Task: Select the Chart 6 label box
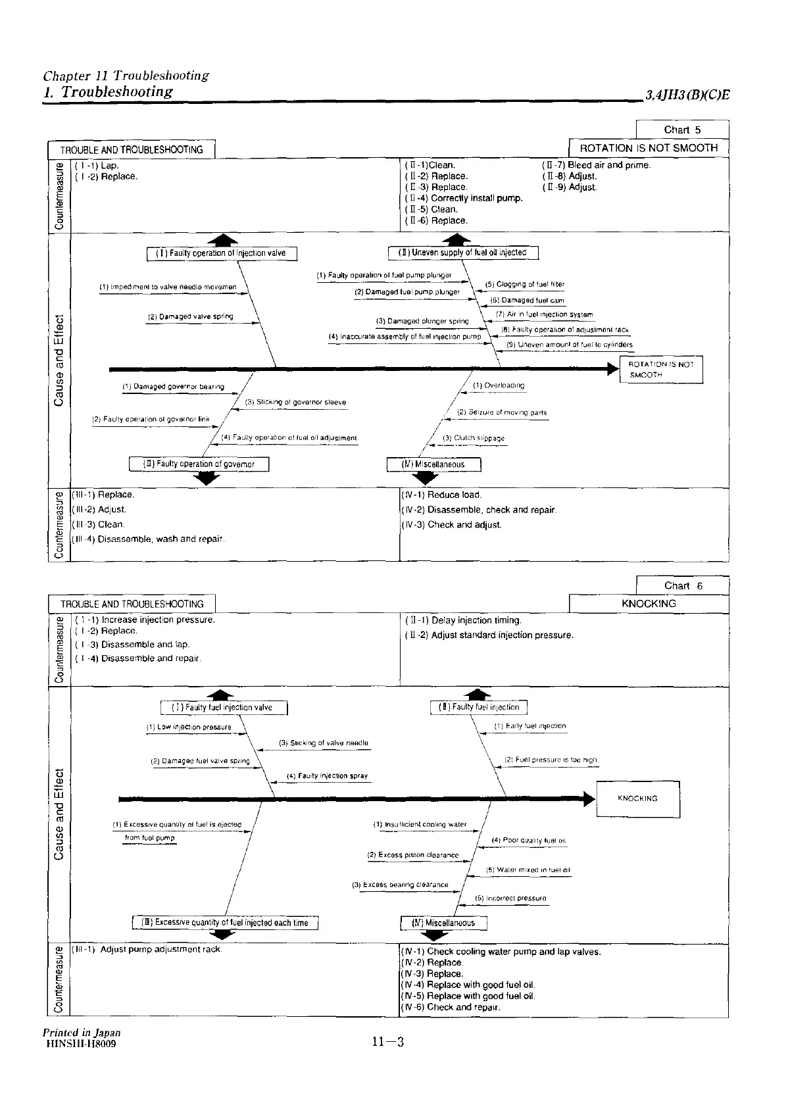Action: (683, 585)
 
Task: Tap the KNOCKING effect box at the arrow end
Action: (637, 799)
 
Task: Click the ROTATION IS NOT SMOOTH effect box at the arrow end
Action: (661, 370)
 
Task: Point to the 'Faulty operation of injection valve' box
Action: (222, 253)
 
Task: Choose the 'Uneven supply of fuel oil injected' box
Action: (464, 253)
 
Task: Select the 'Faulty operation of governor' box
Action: (199, 464)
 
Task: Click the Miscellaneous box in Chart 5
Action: (433, 464)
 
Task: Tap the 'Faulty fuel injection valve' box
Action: (224, 708)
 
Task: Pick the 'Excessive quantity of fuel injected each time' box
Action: (226, 923)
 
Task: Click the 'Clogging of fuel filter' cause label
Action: (525, 285)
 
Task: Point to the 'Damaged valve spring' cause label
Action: (190, 317)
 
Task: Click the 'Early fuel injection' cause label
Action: (530, 726)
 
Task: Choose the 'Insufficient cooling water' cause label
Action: (420, 824)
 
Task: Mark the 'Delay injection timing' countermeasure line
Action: (464, 620)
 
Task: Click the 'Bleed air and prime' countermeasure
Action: (597, 165)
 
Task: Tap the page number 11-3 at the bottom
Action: (387, 1041)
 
